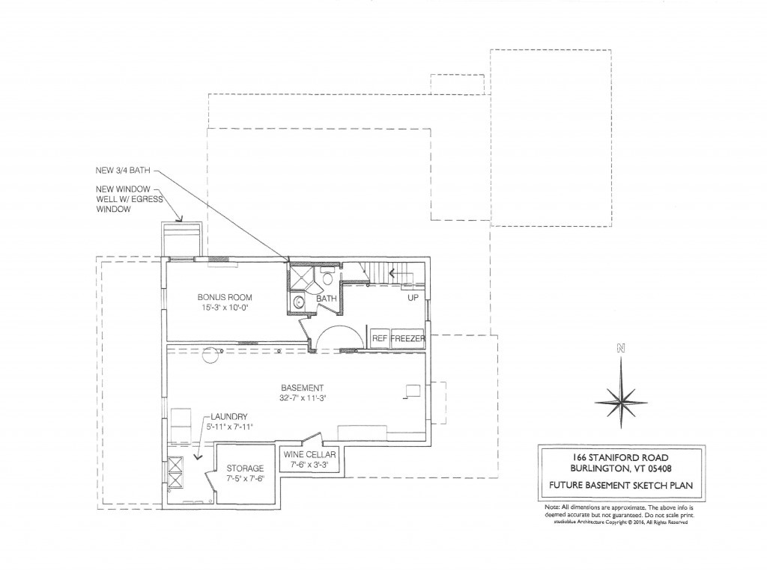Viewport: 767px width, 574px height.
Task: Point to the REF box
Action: coord(380,338)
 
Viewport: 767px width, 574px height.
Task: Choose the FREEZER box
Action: coord(407,338)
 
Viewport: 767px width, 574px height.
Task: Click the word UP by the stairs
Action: coord(413,298)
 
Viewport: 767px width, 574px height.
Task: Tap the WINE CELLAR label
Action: coord(309,454)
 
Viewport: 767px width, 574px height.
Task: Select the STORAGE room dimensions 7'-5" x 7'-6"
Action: coord(246,479)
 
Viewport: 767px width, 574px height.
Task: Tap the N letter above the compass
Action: coord(620,348)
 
